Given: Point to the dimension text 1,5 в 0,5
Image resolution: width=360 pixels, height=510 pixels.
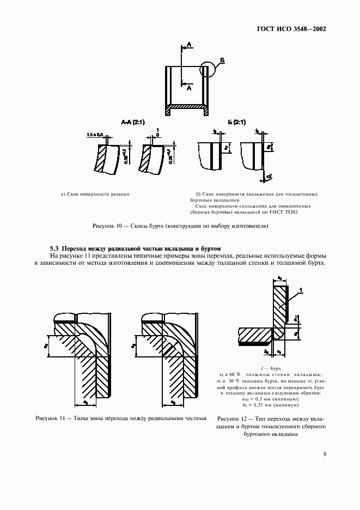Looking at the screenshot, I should click(x=94, y=135).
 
